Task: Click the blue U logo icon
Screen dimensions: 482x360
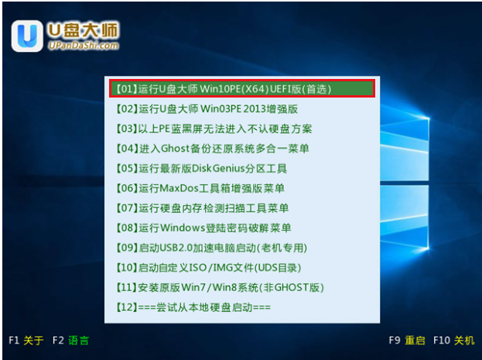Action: pos(27,36)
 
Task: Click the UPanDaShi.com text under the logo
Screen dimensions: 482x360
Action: pos(84,46)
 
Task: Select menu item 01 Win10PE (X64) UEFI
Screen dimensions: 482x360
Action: pos(224,89)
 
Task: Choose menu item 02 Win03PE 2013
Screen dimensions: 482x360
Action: pos(207,109)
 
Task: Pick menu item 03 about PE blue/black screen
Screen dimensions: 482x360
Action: pos(214,129)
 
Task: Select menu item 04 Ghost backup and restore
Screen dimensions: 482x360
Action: pos(213,149)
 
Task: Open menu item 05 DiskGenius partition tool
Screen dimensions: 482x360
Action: pos(201,168)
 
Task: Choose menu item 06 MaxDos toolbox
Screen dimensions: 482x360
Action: pos(200,188)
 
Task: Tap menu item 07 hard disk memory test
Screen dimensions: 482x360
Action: pos(202,208)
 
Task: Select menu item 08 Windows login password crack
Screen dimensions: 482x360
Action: pos(203,228)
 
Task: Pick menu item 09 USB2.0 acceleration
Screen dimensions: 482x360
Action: pos(211,248)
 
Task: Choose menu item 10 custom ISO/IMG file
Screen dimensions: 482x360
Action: pos(208,267)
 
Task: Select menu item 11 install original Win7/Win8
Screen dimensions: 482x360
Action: pos(220,287)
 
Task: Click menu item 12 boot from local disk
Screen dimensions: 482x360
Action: pos(193,307)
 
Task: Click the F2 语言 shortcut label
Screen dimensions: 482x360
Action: pos(70,341)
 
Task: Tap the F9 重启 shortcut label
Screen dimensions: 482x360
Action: pos(407,341)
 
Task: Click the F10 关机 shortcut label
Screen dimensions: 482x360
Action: pos(453,341)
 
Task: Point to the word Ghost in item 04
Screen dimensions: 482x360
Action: pos(175,149)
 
